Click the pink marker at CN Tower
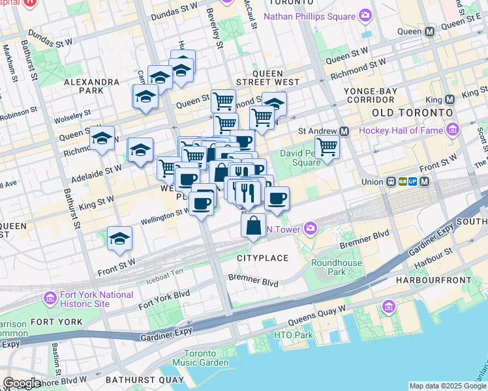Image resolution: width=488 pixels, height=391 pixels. pos(311,227)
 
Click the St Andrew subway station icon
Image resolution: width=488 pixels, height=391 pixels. pos(344,131)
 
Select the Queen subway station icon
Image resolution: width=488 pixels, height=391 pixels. pos(429,31)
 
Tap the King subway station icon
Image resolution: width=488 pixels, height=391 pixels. pos(450,100)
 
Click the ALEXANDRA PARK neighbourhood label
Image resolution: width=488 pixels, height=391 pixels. pos(91,82)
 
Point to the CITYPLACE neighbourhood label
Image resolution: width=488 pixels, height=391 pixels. pos(262,258)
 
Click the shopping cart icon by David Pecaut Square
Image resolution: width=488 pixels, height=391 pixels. pos(327,147)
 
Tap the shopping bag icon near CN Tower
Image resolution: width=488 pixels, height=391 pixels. pos(253,226)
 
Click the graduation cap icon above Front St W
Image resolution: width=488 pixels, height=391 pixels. pos(119,239)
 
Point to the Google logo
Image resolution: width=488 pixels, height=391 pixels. pos(22,383)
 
